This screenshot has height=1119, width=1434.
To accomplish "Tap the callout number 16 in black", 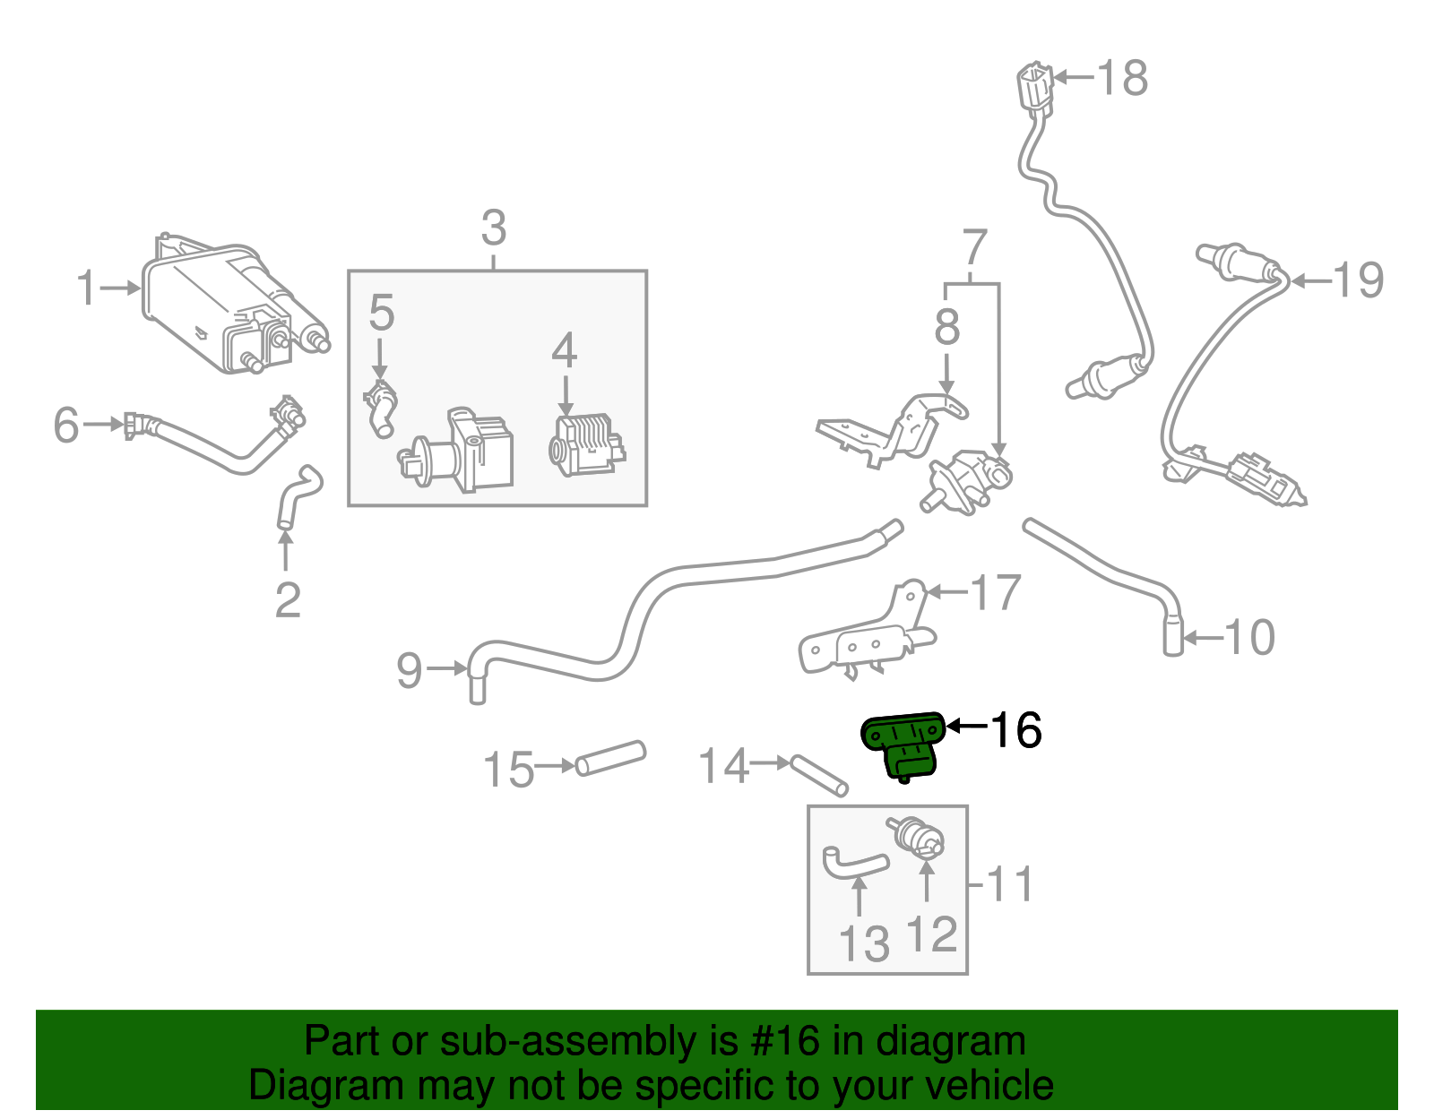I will coord(1015,730).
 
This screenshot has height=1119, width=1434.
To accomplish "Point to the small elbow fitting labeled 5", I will coord(380,408).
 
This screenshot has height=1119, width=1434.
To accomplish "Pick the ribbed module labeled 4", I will coord(585,445).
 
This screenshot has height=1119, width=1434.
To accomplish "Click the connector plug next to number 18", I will coord(1035,88).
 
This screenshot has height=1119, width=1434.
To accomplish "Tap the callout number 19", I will coord(1359,280).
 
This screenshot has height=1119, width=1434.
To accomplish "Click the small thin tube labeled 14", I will coord(818,775).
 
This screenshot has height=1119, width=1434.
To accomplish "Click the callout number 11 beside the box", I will coord(1009,884).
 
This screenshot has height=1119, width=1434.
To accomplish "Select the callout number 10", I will coord(1248,638).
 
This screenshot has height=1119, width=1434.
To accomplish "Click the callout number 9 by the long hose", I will coord(410,670).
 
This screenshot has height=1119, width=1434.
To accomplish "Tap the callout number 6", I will coord(66,425).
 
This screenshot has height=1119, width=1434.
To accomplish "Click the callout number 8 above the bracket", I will coord(946,327).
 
